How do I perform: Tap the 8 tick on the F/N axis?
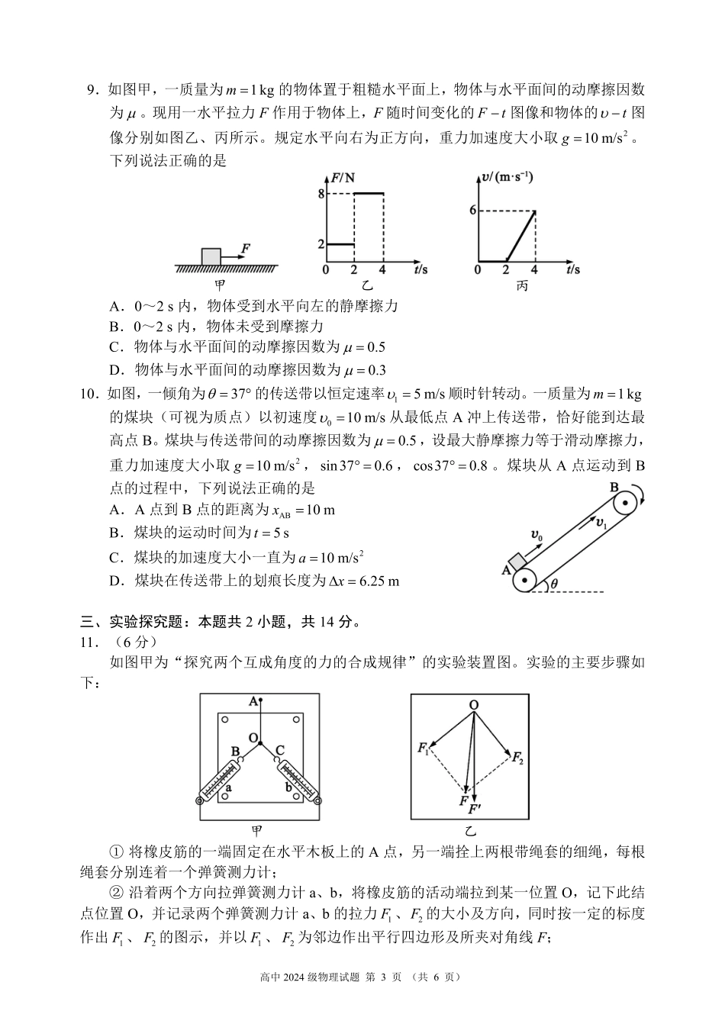(x=321, y=194)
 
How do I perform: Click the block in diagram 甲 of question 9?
(x=211, y=256)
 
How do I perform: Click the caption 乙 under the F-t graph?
(x=368, y=286)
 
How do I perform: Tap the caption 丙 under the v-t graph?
(x=522, y=286)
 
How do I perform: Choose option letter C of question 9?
(x=116, y=347)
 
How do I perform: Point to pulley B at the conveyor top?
(x=624, y=503)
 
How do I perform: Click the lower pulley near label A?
(x=524, y=580)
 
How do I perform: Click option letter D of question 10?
(x=116, y=581)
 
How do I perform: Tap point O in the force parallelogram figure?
(x=474, y=706)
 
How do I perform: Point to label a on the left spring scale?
(x=229, y=787)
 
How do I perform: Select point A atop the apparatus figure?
(x=253, y=700)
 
